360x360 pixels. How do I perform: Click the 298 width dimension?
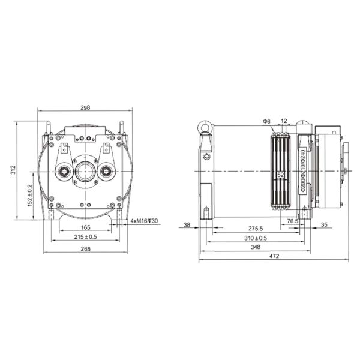coord(85,107)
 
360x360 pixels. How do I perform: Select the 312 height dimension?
coord(13,170)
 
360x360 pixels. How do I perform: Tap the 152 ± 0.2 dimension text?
coord(30,196)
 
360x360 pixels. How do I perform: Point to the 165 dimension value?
coord(86,227)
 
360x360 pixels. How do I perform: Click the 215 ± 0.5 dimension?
coord(85,237)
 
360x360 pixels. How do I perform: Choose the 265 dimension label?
coord(86,249)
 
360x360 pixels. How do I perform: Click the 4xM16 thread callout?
coord(144,221)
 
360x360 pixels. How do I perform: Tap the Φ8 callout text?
coord(267,121)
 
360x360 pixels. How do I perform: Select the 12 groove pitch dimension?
coord(284,121)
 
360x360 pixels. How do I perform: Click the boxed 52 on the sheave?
coord(281,175)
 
